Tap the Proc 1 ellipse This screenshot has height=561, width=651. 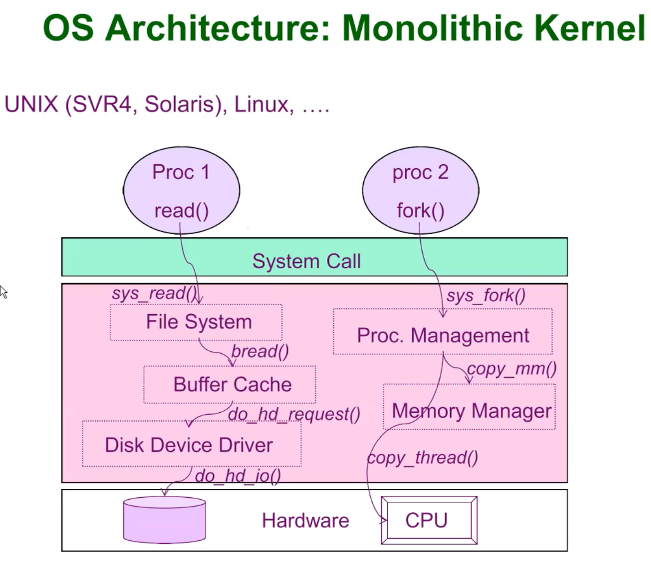click(181, 190)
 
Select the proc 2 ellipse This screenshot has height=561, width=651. click(420, 190)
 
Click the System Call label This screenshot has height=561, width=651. click(307, 261)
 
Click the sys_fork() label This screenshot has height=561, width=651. click(485, 296)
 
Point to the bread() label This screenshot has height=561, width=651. click(260, 351)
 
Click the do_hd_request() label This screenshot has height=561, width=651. click(294, 414)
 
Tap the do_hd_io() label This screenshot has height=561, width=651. click(238, 476)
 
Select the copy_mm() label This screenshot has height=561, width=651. click(512, 368)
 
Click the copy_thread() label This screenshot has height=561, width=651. click(423, 457)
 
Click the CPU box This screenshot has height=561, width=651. click(428, 520)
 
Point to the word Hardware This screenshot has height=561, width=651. click(305, 520)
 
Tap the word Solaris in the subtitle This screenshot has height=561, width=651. click(182, 104)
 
